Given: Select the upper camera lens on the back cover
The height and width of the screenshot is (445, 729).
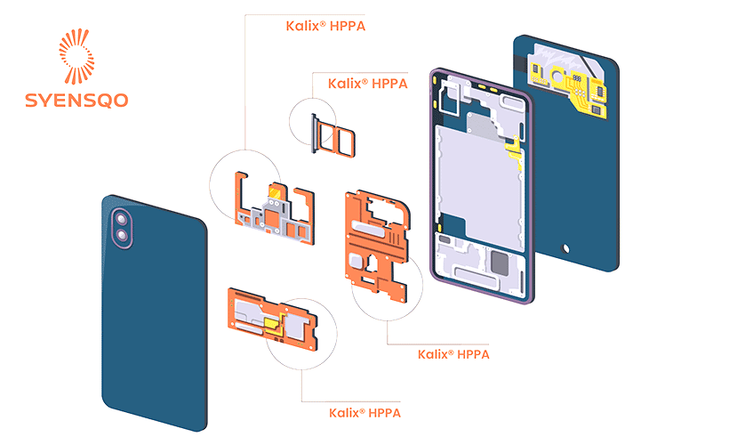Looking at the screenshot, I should point(119,219).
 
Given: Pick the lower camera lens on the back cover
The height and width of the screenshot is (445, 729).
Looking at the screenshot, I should point(122,235).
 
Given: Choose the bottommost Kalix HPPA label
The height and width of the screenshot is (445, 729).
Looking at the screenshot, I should point(365,413).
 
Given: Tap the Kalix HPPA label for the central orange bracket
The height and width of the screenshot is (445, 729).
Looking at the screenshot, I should point(453,354).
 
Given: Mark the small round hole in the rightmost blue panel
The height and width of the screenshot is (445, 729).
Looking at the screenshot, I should point(564,247).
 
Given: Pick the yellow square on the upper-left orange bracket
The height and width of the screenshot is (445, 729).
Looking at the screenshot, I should point(276,190).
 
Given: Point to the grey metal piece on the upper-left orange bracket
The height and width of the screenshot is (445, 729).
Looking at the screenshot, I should point(276,217).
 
